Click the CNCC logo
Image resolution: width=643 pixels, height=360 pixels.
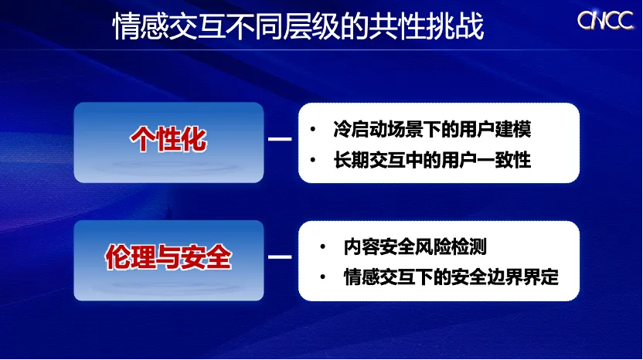point(605,20)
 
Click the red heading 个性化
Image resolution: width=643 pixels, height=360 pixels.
point(168,139)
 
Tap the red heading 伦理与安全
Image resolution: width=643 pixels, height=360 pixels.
point(168,257)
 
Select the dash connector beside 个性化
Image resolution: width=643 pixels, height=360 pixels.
point(280,139)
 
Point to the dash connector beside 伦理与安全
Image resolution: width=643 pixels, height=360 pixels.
point(280,257)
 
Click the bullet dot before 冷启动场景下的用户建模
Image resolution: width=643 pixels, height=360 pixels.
point(313,130)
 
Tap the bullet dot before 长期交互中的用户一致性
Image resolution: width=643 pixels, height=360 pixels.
point(313,160)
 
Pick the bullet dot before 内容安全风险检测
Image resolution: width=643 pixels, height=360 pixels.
point(323,247)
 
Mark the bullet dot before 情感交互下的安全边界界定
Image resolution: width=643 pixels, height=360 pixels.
point(323,277)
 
